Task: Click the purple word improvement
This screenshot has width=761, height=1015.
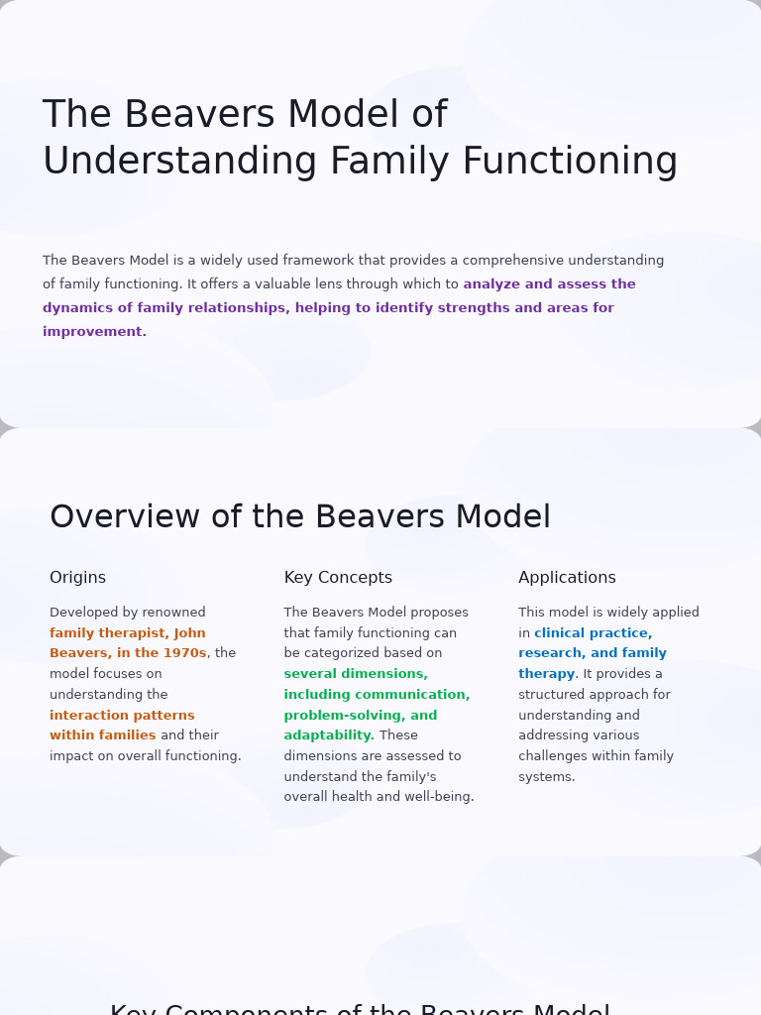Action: coord(94,332)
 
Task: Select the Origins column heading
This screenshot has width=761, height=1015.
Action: coord(77,578)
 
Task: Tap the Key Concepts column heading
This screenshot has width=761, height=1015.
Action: coord(338,578)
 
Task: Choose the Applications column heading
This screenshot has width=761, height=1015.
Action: coord(567,578)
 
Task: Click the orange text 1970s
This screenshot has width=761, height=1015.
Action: coord(181,653)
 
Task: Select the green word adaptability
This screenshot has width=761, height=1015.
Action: coord(329,735)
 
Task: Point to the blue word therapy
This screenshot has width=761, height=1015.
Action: coord(546,674)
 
